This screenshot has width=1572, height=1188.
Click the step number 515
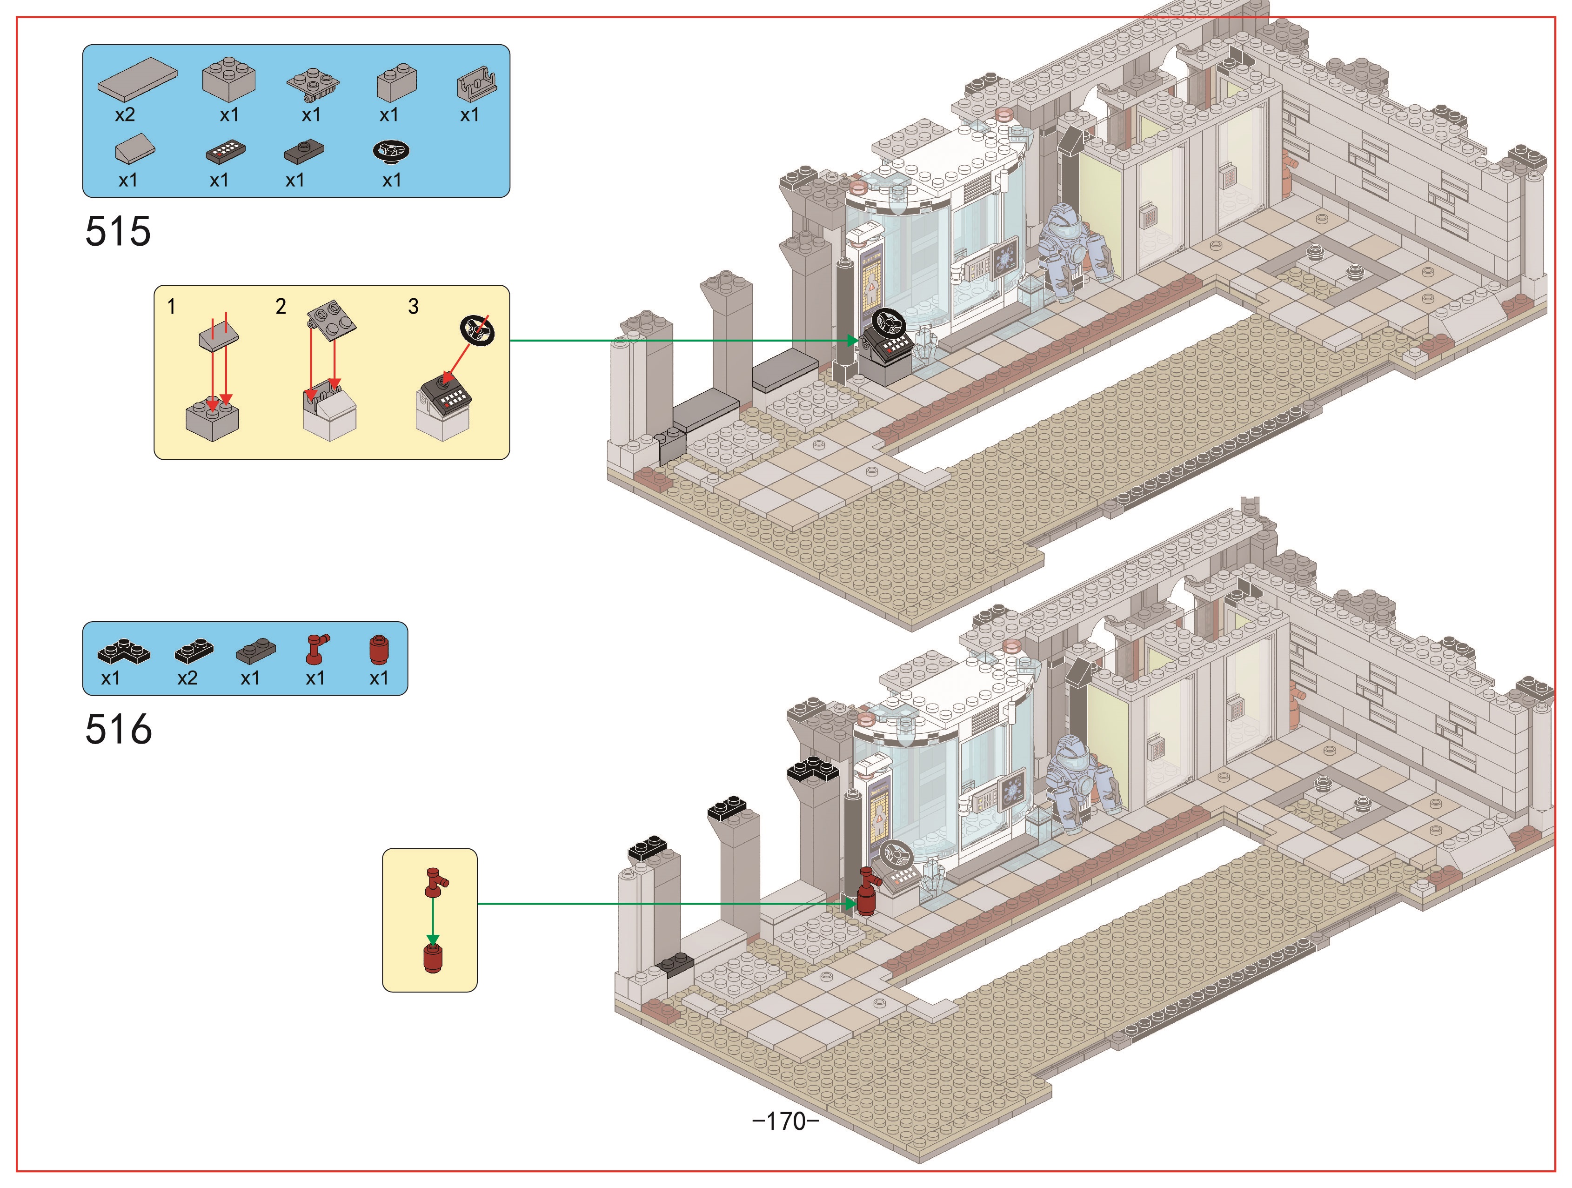(118, 231)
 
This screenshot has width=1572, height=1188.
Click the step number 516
(118, 730)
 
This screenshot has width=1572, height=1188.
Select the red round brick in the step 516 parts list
(380, 650)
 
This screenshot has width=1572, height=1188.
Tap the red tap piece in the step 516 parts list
(316, 648)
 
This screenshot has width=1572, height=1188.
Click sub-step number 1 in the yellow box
(171, 306)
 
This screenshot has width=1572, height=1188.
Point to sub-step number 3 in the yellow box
(413, 306)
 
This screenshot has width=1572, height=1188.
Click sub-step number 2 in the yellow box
(281, 306)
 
